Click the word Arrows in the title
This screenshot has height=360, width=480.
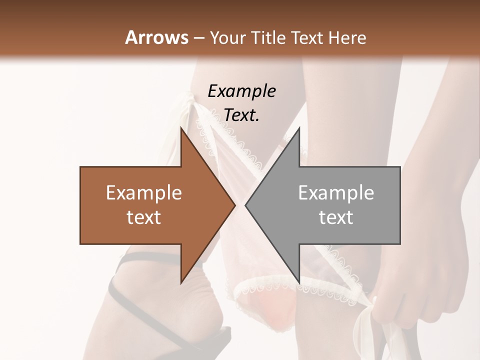pyautogui.click(x=156, y=37)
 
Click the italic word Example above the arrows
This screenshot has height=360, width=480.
pyautogui.click(x=241, y=91)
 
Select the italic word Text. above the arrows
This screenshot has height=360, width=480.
pyautogui.click(x=241, y=115)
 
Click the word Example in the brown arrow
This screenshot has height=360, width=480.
pyautogui.click(x=144, y=193)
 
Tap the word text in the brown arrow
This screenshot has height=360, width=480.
pyautogui.click(x=144, y=217)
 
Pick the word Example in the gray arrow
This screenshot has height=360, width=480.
pyautogui.click(x=336, y=193)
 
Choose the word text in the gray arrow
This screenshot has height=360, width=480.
pyautogui.click(x=336, y=217)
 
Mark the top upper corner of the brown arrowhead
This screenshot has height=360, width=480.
pyautogui.click(x=181, y=128)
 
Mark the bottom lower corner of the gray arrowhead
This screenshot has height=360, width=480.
pyautogui.click(x=299, y=283)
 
